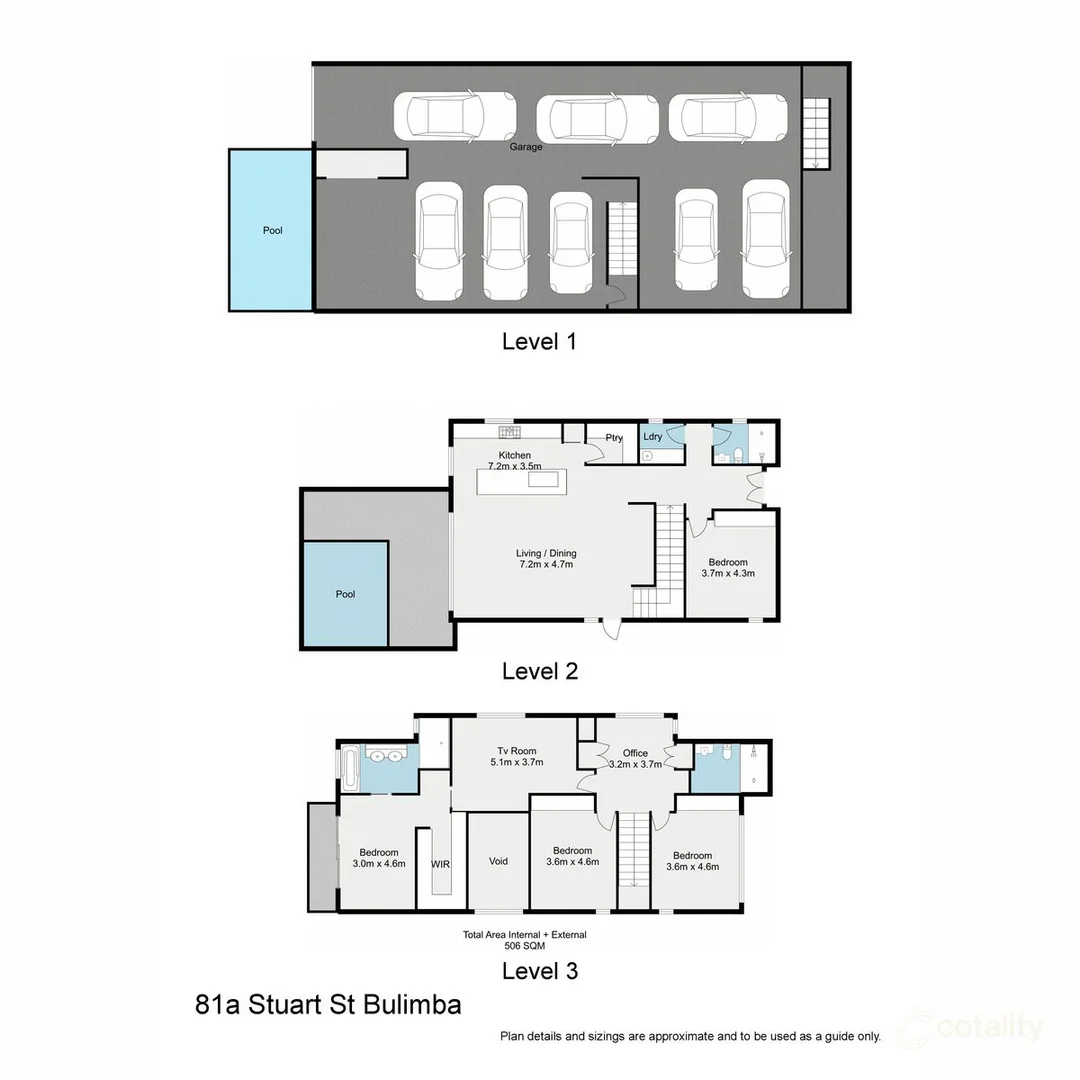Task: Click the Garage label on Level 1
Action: tap(526, 147)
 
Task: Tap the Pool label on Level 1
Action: tap(272, 231)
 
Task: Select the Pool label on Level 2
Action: tap(345, 594)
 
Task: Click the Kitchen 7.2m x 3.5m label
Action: tap(515, 461)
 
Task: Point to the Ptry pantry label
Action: tap(614, 438)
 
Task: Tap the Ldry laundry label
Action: tap(652, 437)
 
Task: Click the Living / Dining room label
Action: tap(546, 559)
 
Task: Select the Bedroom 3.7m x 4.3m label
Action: tap(730, 568)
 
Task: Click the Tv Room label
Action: tap(517, 757)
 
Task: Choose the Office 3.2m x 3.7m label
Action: tap(635, 759)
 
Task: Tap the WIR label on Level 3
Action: tap(440, 863)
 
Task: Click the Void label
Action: tap(499, 861)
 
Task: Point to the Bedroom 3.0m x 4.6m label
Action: tap(379, 858)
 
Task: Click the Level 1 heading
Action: tap(539, 342)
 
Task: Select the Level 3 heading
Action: tap(539, 970)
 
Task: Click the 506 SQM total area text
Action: tap(524, 946)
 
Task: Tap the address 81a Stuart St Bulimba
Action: tap(328, 1005)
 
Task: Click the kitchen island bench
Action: tap(521, 480)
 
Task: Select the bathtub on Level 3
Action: tap(349, 767)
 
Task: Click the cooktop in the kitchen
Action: tap(510, 432)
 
